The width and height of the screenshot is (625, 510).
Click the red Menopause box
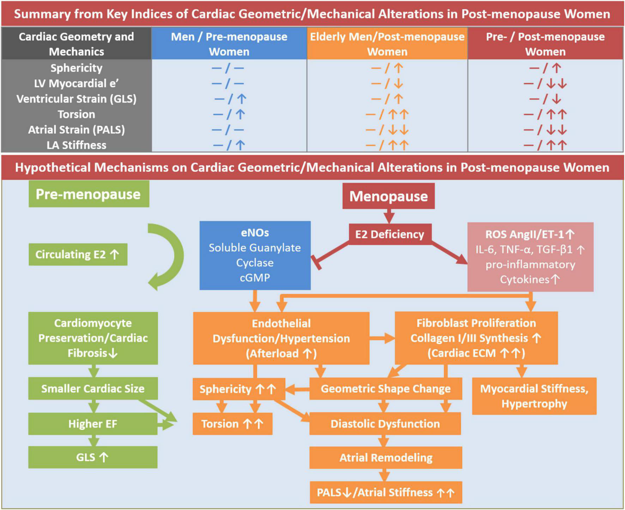[388, 196]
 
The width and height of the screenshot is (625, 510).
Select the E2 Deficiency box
[390, 234]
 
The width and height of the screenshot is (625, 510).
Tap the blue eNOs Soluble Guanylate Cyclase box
[255, 255]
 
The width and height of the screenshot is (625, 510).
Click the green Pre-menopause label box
[89, 194]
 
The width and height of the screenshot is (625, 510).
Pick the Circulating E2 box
[78, 254]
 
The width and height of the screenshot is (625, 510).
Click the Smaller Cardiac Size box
[93, 388]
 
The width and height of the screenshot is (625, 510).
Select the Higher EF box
[92, 424]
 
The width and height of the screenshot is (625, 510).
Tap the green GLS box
[92, 457]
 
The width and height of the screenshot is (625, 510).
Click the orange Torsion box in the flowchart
[232, 424]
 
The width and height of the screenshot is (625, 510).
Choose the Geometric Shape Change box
[386, 388]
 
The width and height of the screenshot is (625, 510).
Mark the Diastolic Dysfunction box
[385, 424]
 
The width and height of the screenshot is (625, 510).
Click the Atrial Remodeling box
[386, 457]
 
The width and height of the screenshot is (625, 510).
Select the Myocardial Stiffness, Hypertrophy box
[534, 396]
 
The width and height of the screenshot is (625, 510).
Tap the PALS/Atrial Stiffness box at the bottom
[386, 492]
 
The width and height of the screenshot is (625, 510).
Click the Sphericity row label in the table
[76, 68]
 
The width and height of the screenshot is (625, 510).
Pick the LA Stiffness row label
[76, 145]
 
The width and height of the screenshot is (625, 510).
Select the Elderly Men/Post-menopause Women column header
[387, 44]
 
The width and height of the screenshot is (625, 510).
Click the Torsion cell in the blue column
[229, 114]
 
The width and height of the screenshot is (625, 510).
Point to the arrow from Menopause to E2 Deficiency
[389, 216]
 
